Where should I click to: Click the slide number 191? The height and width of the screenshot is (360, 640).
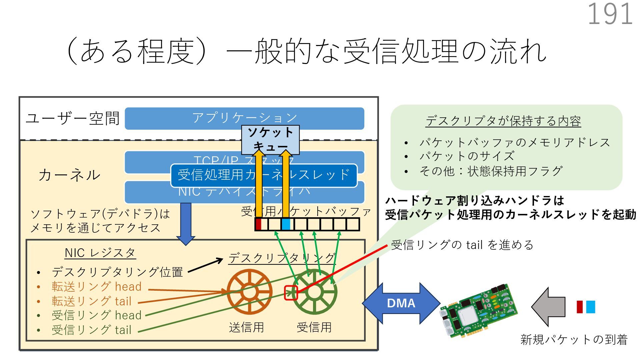tap(610, 14)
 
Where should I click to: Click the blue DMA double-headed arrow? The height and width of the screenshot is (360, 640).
tap(401, 303)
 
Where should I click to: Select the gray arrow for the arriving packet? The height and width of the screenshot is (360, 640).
tap(548, 307)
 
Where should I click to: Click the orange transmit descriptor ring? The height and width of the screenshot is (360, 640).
tap(249, 292)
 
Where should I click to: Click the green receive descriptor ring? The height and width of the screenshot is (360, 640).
tap(314, 292)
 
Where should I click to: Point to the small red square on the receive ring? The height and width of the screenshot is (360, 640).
tap(291, 293)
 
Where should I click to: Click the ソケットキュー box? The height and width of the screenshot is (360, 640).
tap(270, 140)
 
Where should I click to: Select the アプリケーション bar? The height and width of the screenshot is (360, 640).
tap(244, 118)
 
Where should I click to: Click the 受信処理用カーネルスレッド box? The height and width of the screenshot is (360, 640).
tap(264, 175)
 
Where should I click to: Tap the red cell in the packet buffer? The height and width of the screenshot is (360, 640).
tap(258, 224)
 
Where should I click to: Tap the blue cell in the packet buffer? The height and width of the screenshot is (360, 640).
tap(286, 224)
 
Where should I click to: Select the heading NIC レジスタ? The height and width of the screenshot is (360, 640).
tap(100, 253)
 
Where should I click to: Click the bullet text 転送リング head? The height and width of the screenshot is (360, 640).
tap(96, 287)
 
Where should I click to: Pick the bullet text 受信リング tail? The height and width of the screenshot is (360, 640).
tap(91, 330)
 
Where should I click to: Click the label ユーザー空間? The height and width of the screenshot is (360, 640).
tap(72, 118)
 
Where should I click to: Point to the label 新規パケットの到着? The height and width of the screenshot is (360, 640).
tap(574, 339)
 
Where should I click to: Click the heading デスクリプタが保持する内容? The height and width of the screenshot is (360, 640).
tap(503, 121)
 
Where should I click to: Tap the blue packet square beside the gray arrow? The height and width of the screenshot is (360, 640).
tap(590, 307)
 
